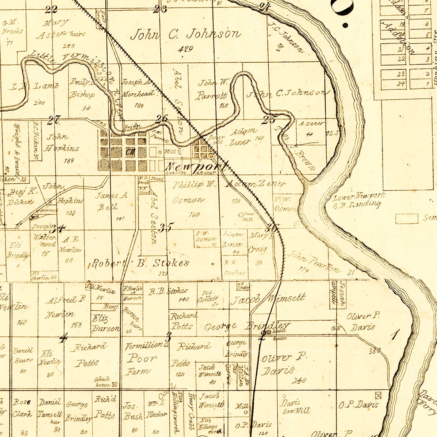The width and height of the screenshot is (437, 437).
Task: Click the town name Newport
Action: coord(196,167)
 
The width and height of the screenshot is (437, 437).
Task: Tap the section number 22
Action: coord(51,10)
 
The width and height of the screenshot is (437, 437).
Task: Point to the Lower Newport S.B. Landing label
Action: coord(358,201)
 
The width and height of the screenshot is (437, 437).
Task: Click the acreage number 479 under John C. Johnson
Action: coord(186,49)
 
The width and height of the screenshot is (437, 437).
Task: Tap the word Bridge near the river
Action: coord(133,127)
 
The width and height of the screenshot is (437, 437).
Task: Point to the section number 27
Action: coord(54,120)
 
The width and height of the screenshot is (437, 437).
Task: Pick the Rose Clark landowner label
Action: coord(22,408)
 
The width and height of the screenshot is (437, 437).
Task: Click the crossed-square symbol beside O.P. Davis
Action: coord(378,395)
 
